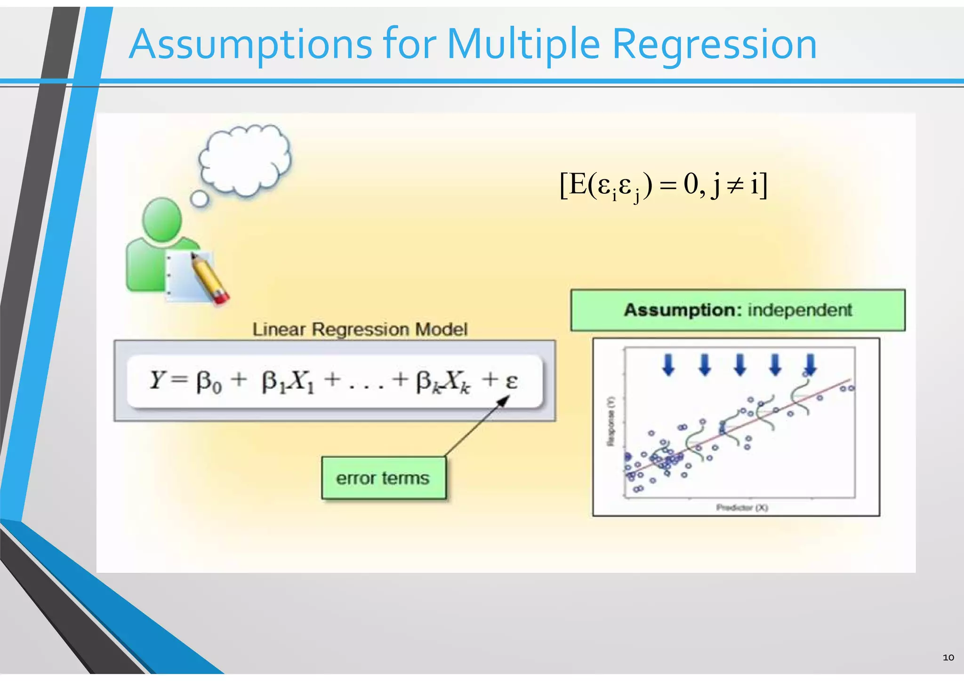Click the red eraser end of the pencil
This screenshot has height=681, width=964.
[221, 297]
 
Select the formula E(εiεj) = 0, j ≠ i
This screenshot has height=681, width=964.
[663, 185]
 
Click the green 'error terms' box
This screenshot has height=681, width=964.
[383, 478]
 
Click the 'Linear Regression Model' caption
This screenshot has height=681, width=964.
[360, 329]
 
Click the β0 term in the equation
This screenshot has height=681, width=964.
[209, 381]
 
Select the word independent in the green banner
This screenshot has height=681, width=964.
[800, 310]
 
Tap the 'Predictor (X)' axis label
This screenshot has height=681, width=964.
[742, 507]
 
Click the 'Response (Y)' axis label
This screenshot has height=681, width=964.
[611, 421]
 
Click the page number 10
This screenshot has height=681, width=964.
[948, 657]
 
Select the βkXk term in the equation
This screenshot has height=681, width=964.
[442, 381]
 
